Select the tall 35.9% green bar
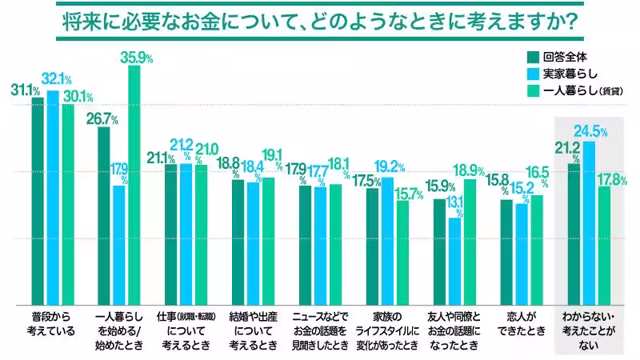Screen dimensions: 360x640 coord(134,184)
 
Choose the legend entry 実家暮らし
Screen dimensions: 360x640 coord(563,74)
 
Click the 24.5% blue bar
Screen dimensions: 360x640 coord(590,222)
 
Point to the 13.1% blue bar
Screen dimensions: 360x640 coord(454,260)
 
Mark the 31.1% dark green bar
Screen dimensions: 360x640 coord(37,200)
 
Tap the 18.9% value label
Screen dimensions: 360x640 coord(469,170)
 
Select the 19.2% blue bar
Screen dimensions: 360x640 coord(388,240)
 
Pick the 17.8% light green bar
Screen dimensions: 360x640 coord(605,244)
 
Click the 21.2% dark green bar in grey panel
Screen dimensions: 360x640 coord(574,233)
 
